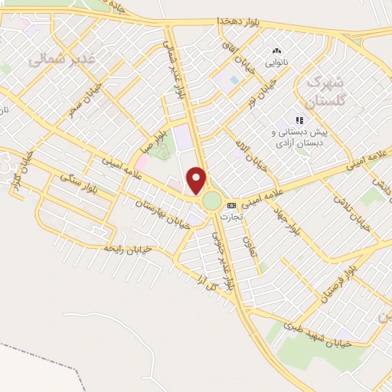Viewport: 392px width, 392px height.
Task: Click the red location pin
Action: pyautogui.click(x=198, y=180)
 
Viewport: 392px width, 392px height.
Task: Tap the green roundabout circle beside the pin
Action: pyautogui.click(x=211, y=202)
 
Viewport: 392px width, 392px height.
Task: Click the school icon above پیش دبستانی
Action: pyautogui.click(x=299, y=120)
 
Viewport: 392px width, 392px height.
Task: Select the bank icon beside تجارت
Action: pyautogui.click(x=230, y=204)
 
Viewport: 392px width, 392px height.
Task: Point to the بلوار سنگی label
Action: pyautogui.click(x=82, y=188)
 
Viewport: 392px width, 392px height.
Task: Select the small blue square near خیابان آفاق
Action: pyautogui.click(x=234, y=79)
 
